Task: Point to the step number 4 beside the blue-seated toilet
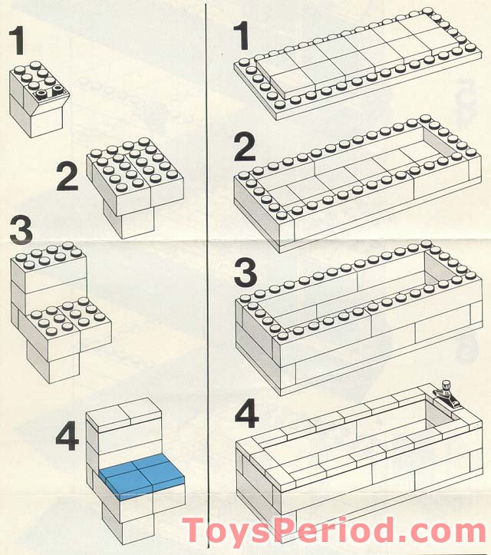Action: (x=68, y=437)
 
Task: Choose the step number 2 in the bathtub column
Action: (x=245, y=146)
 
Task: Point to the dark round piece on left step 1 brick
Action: (x=41, y=94)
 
